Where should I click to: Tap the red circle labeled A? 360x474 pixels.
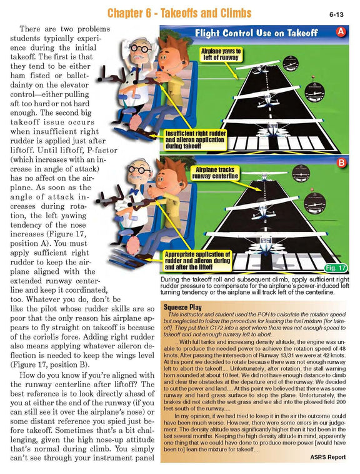pyautogui.click(x=341, y=31)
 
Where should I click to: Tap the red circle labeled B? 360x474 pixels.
pyautogui.click(x=341, y=164)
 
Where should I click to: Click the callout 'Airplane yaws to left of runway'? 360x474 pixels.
pyautogui.click(x=219, y=53)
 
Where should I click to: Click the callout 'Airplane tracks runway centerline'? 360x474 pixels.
pyautogui.click(x=218, y=173)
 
